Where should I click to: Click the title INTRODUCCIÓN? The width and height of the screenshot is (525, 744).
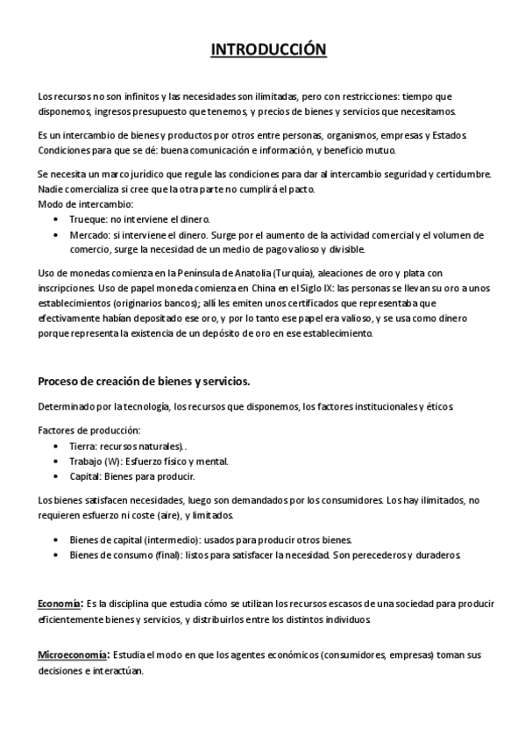click(x=268, y=50)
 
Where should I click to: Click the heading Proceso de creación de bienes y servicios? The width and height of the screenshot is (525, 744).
click(x=143, y=381)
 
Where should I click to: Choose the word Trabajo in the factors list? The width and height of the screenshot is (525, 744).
click(x=86, y=461)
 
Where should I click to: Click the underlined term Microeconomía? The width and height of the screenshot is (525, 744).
click(x=72, y=655)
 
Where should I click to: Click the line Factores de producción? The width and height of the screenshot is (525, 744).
click(x=89, y=430)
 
